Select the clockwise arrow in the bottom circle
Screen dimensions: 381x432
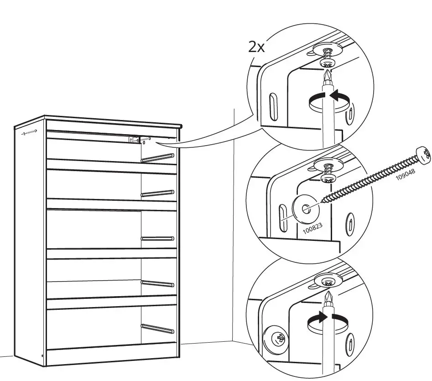(325, 318)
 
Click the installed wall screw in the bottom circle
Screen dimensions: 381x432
(279, 339)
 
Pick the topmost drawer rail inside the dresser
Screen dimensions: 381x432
(158, 158)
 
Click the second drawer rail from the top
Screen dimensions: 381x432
(158, 193)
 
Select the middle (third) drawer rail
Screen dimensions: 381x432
(158, 238)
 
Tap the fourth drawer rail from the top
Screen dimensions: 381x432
(158, 283)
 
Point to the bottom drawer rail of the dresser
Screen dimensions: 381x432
(158, 328)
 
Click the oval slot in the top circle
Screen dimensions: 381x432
(272, 107)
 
